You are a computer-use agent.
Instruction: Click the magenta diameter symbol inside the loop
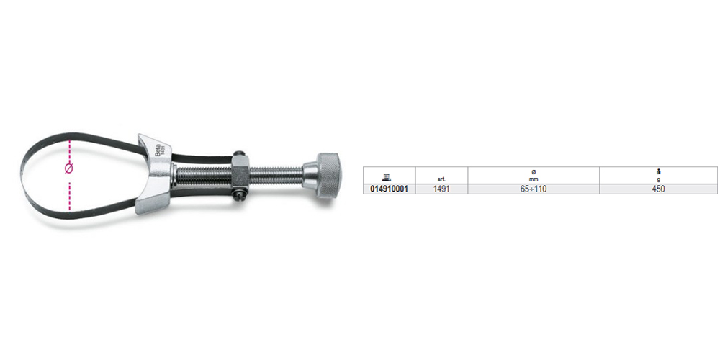69,169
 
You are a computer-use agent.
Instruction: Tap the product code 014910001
389,189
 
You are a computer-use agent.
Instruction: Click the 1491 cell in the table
441,189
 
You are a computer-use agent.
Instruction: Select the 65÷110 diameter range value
534,189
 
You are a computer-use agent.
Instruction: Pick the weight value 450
659,189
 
